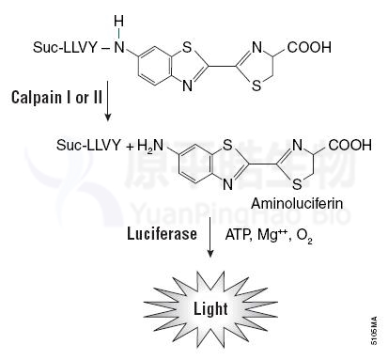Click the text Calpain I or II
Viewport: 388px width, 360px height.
tap(56, 98)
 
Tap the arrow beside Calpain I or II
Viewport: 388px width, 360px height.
tap(108, 101)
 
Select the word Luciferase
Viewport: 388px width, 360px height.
tap(162, 234)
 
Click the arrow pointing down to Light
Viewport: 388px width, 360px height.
tap(210, 237)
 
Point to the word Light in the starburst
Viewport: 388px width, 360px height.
tap(210, 308)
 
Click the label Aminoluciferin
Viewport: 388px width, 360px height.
tap(297, 204)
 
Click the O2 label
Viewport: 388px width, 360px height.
tap(304, 235)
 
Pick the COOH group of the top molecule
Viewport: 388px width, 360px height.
tap(309, 48)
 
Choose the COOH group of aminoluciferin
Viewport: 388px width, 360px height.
tap(349, 146)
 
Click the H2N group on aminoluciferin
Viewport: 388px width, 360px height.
tap(150, 146)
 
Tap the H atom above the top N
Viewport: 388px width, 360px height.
tap(118, 22)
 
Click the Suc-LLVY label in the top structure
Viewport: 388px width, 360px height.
tap(65, 48)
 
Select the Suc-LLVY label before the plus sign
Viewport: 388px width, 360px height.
tap(88, 146)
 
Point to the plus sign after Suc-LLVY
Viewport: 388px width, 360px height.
tap(130, 147)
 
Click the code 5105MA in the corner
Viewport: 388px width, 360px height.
tap(374, 331)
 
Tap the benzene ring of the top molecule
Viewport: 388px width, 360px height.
tap(155, 67)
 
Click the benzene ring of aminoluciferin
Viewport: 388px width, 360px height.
tap(196, 164)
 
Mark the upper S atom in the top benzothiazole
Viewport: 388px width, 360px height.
tap(187, 48)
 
